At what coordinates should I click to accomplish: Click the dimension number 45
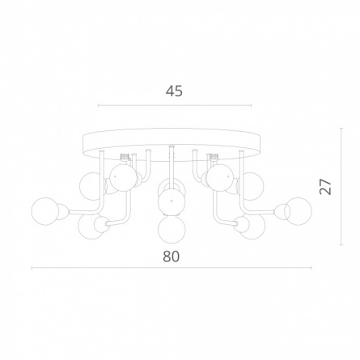pyautogui.click(x=174, y=91)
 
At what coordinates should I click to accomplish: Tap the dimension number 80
pyautogui.click(x=172, y=256)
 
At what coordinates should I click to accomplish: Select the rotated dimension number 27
pyautogui.click(x=325, y=186)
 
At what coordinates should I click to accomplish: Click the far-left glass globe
pyautogui.click(x=44, y=211)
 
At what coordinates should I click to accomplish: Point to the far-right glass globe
pyautogui.click(x=298, y=210)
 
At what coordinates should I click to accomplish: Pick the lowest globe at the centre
pyautogui.click(x=172, y=229)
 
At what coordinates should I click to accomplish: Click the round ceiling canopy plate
pyautogui.click(x=172, y=146)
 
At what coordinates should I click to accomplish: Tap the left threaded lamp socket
pyautogui.click(x=125, y=157)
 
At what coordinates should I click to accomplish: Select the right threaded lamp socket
pyautogui.click(x=214, y=157)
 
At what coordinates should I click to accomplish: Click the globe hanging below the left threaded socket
pyautogui.click(x=123, y=178)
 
